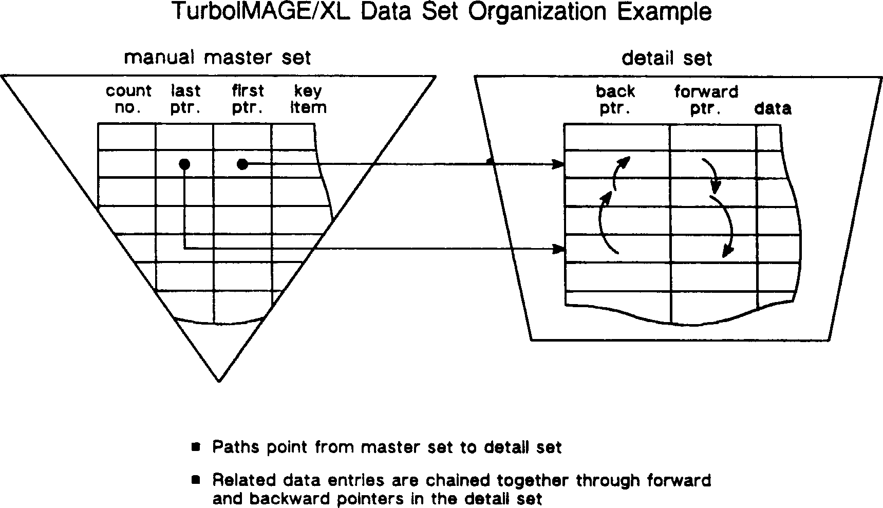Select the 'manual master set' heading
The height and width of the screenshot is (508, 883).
pyautogui.click(x=217, y=57)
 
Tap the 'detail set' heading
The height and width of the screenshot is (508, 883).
pyautogui.click(x=667, y=58)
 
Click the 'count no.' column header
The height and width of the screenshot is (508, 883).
pyautogui.click(x=128, y=99)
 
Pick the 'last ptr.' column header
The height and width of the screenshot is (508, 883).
pyautogui.click(x=185, y=99)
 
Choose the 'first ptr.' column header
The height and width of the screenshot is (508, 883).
pyautogui.click(x=248, y=99)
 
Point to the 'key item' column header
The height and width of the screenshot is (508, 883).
pyautogui.click(x=308, y=99)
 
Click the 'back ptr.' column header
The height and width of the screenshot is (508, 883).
pyautogui.click(x=615, y=100)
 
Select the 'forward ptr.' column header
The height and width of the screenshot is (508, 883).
pyautogui.click(x=706, y=100)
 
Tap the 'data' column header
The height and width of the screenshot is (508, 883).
pyautogui.click(x=773, y=108)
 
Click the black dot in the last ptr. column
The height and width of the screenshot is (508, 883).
pyautogui.click(x=184, y=164)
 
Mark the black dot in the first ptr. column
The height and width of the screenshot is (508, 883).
pyautogui.click(x=242, y=164)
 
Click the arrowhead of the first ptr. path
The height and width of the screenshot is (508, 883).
pyautogui.click(x=558, y=164)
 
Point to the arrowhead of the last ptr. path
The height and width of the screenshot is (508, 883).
pyautogui.click(x=558, y=249)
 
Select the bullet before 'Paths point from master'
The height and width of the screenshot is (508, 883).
pyautogui.click(x=196, y=446)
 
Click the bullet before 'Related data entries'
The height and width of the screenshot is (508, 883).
pyautogui.click(x=196, y=480)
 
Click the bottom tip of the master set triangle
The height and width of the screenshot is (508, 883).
pyautogui.click(x=219, y=381)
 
